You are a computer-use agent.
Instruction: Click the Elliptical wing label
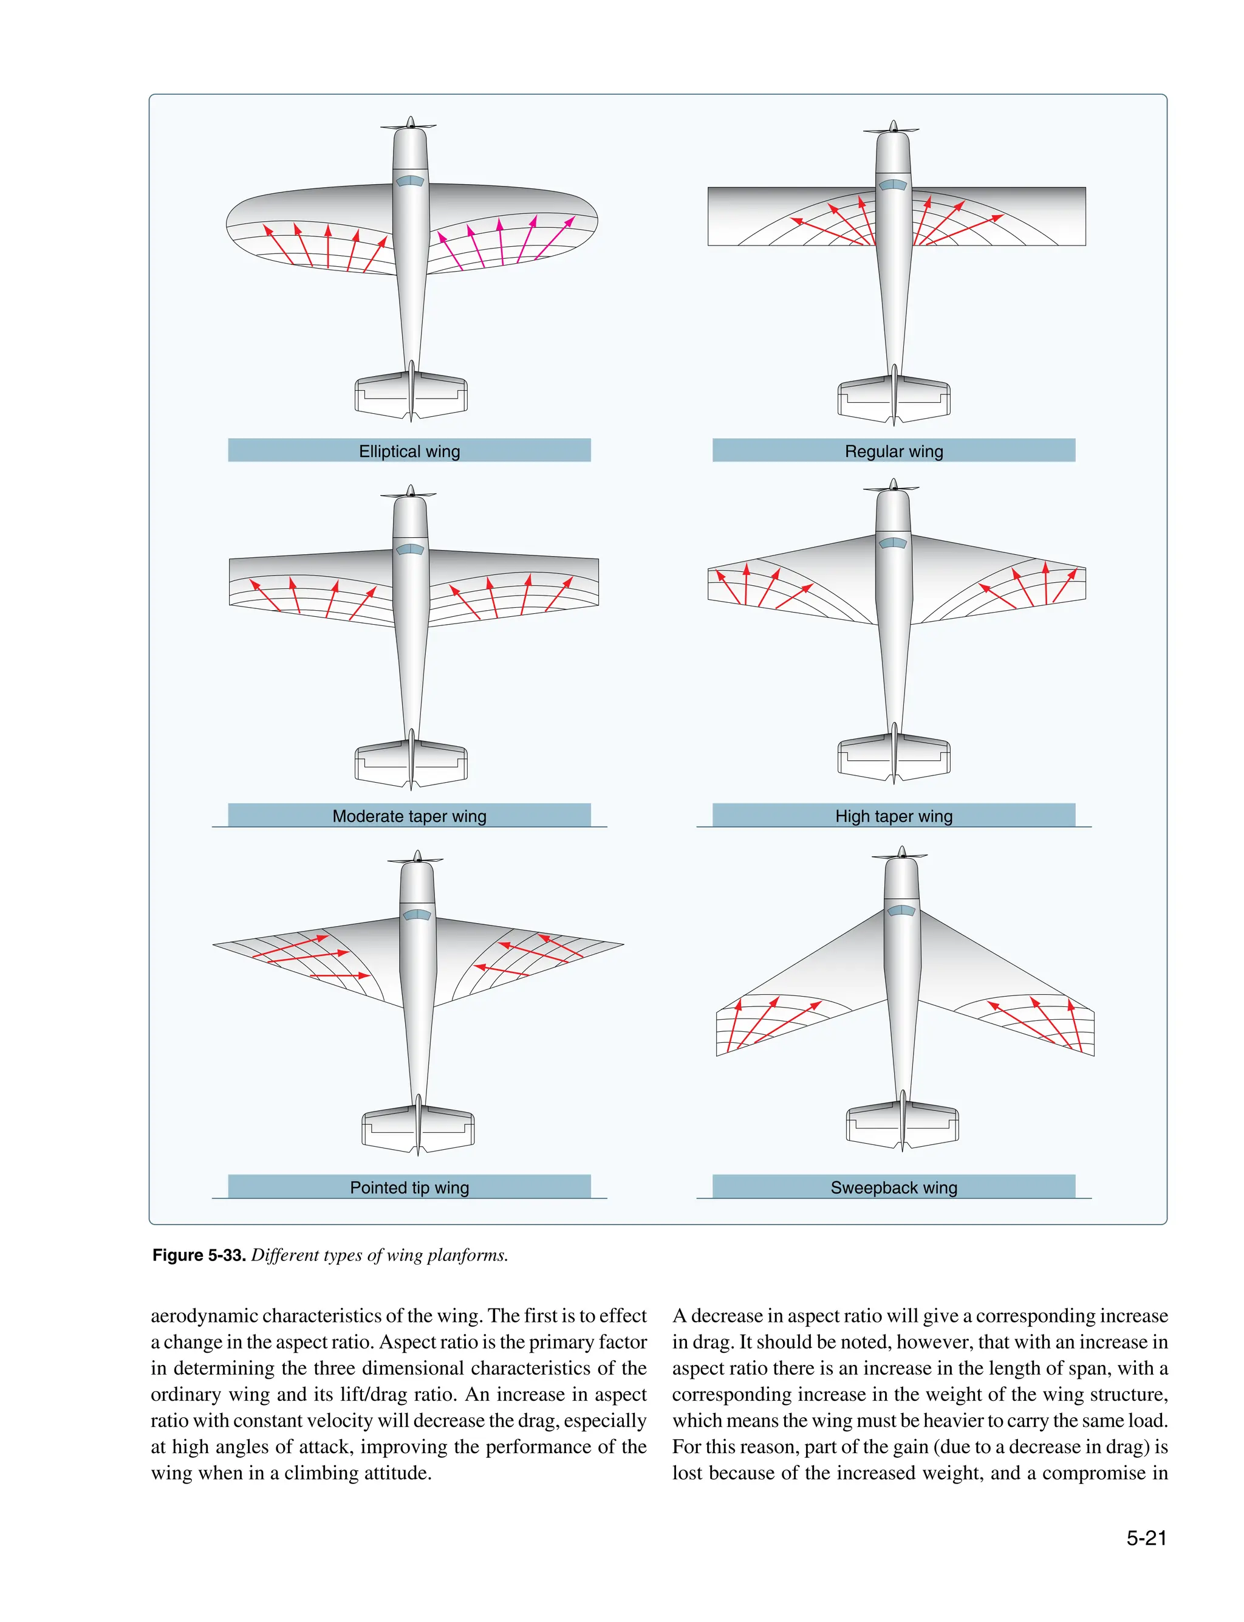(x=409, y=451)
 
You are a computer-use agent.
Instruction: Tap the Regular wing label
(x=893, y=451)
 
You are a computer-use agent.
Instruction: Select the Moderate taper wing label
(x=409, y=816)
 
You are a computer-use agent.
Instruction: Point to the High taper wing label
(x=893, y=816)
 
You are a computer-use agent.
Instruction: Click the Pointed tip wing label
(x=409, y=1187)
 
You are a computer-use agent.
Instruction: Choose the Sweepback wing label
(x=893, y=1187)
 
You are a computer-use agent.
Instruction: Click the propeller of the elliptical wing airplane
(x=409, y=125)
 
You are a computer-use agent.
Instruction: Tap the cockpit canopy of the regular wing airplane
(x=892, y=184)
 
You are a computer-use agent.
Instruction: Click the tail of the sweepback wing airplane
(x=902, y=1125)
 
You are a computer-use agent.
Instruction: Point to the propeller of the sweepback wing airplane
(x=900, y=854)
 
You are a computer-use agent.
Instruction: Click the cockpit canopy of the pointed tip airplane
(x=417, y=915)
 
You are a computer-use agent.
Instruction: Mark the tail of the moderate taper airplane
(x=411, y=762)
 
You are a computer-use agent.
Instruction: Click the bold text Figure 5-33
(x=199, y=1256)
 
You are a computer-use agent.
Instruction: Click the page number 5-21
(x=1146, y=1538)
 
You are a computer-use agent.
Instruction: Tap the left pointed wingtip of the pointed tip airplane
(x=216, y=944)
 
